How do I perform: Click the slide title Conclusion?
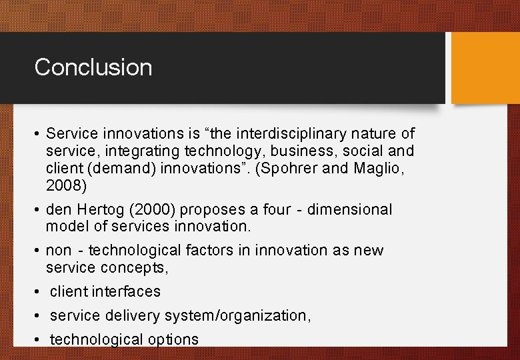[93, 67]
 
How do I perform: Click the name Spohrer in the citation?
[291, 168]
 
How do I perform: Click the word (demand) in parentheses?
[123, 168]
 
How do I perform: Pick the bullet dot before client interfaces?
[37, 292]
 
